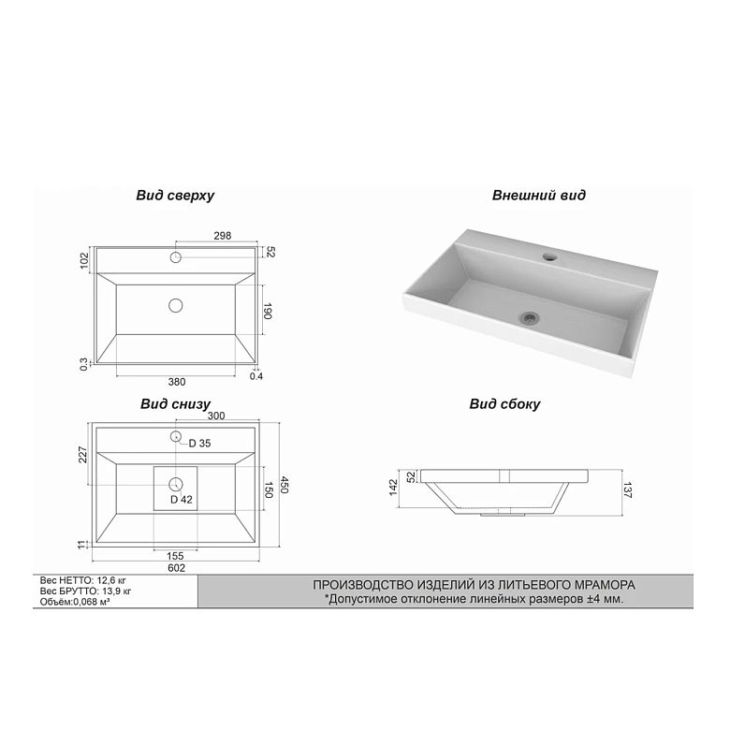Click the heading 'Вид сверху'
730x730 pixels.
[x=175, y=195]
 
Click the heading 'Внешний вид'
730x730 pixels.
[x=539, y=195]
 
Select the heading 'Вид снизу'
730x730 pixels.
[x=176, y=403]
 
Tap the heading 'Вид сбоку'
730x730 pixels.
[x=504, y=403]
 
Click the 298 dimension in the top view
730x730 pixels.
[x=223, y=236]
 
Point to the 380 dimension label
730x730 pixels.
[x=177, y=382]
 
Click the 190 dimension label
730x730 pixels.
[x=268, y=311]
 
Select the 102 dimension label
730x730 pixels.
[x=84, y=261]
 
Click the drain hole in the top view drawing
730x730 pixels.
[x=176, y=305]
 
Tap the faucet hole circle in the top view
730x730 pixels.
[x=176, y=257]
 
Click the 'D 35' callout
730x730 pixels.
[x=199, y=444]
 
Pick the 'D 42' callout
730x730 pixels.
[x=182, y=500]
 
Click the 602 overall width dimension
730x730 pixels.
[x=177, y=568]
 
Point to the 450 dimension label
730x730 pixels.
[x=285, y=485]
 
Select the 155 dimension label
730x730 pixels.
[x=175, y=556]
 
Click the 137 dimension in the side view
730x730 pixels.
[x=628, y=490]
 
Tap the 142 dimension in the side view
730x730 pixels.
[x=393, y=487]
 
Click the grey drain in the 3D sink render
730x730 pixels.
[x=530, y=317]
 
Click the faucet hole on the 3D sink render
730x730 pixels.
[x=549, y=256]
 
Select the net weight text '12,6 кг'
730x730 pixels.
[x=110, y=580]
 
